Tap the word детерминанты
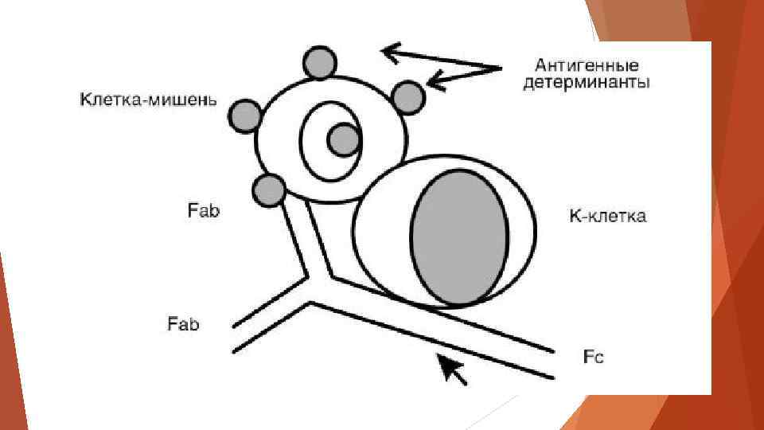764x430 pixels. tap(587, 83)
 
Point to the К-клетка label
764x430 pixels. tap(608, 216)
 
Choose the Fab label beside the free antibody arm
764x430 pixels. tap(183, 324)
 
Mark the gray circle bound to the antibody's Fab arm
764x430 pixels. tap(269, 190)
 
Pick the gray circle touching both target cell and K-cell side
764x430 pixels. tap(407, 98)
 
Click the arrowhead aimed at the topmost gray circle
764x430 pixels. tap(388, 53)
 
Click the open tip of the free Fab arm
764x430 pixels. tap(234, 338)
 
